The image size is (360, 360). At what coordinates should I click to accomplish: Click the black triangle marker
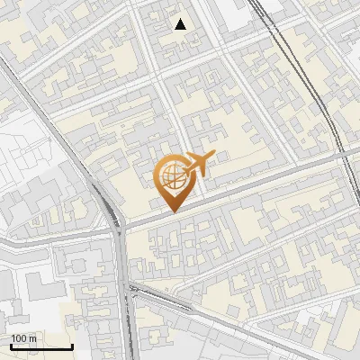point(181,24)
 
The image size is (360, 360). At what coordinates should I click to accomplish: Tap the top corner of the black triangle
point(181,19)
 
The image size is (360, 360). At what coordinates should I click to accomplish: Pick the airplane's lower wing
point(197,172)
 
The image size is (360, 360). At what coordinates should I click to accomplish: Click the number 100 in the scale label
point(19,338)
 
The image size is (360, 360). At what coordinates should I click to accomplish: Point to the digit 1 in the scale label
point(13,338)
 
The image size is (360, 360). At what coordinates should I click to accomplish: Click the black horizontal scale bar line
point(40,346)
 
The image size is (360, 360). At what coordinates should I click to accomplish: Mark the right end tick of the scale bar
point(72,345)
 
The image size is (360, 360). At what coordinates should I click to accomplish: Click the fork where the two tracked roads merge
point(120,229)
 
